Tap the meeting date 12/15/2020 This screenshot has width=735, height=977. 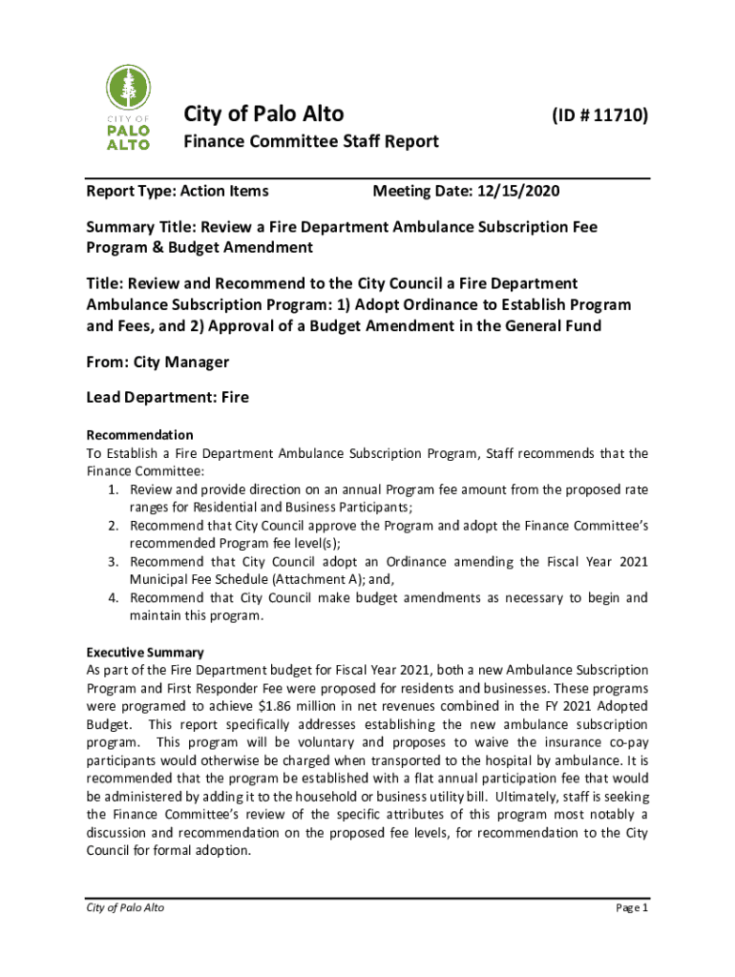(x=524, y=192)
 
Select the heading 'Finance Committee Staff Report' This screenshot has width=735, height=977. (x=311, y=142)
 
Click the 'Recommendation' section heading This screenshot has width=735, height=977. (x=139, y=435)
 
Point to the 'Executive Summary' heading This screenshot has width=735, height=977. (x=145, y=653)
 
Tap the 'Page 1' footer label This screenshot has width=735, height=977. (x=631, y=907)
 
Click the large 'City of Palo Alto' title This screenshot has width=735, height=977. (x=263, y=114)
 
